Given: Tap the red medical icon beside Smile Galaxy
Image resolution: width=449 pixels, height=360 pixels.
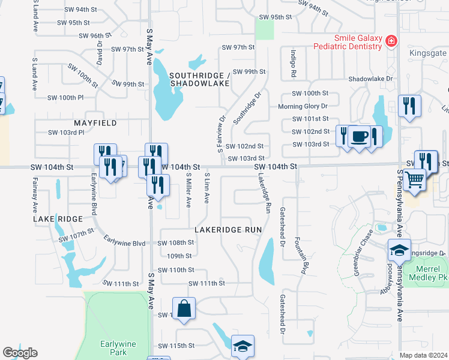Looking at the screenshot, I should tap(391, 41).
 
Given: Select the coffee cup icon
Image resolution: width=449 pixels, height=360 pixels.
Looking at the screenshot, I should tap(360, 137).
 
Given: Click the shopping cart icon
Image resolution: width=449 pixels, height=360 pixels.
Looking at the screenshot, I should tap(415, 179).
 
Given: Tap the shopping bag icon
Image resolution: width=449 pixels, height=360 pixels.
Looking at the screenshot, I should tap(185, 309).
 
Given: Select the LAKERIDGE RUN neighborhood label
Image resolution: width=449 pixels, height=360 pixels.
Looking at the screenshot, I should tap(229, 230).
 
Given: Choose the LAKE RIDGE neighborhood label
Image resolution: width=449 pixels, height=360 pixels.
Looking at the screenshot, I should tap(58, 219).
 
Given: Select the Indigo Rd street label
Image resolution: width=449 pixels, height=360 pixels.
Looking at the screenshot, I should tap(294, 64).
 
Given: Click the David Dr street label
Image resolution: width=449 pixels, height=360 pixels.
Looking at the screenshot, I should tap(100, 53).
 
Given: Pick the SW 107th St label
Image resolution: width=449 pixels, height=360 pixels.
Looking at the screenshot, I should tap(77, 235).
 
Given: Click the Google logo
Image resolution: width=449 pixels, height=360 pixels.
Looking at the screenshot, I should tap(20, 353).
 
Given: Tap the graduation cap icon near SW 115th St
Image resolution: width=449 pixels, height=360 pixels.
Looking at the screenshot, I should tap(243, 346).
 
